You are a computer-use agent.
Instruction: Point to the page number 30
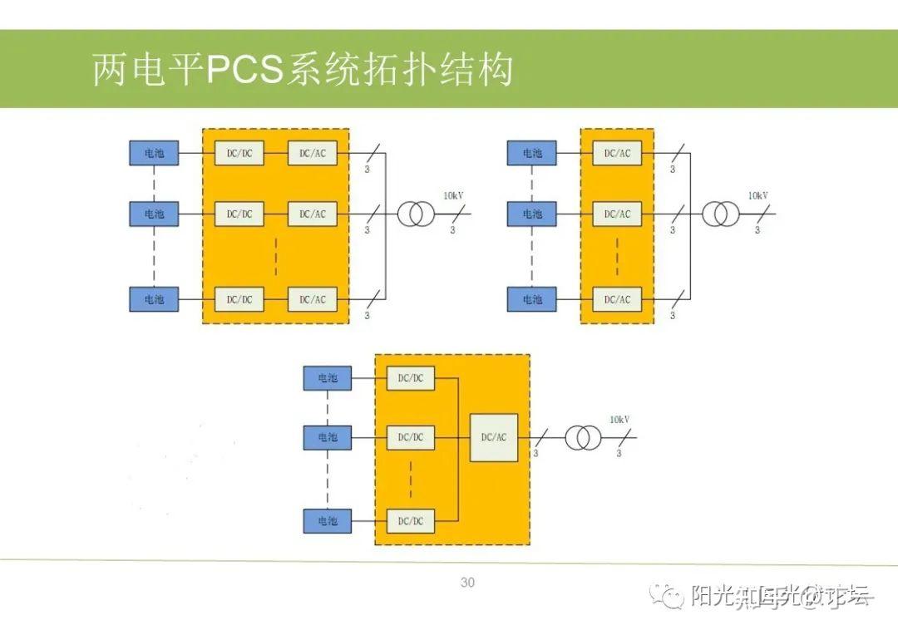[467, 583]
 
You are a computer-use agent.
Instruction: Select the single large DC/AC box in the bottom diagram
[494, 437]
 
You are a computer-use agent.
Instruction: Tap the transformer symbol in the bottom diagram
[583, 437]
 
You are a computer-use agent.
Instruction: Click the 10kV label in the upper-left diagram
[453, 195]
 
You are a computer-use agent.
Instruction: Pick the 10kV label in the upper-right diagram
[757, 195]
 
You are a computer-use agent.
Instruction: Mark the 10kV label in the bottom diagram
[619, 420]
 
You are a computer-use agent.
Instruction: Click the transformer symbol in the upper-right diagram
[720, 214]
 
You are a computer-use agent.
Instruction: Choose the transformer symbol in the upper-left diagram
[415, 214]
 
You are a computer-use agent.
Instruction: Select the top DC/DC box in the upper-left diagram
[239, 153]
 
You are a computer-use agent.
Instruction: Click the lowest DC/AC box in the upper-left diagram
[313, 299]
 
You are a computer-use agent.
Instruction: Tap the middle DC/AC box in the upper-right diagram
[617, 214]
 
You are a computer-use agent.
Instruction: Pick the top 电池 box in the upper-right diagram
[532, 153]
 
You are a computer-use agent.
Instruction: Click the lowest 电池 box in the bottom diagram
[328, 520]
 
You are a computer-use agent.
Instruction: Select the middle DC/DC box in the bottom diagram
[411, 437]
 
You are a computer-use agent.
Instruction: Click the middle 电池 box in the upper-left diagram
[154, 214]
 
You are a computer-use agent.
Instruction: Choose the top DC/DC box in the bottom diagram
[411, 378]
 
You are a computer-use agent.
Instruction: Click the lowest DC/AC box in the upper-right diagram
[617, 299]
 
